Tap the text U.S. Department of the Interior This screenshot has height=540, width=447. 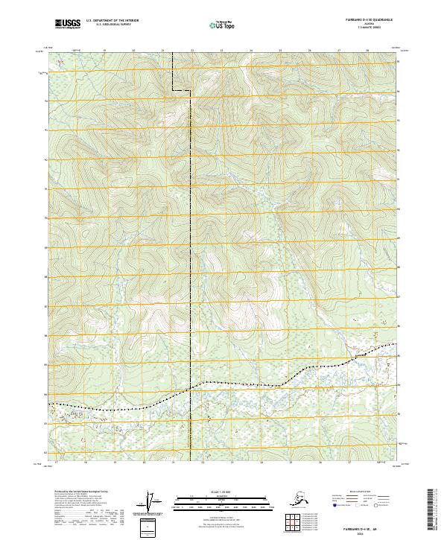tap(109, 22)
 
